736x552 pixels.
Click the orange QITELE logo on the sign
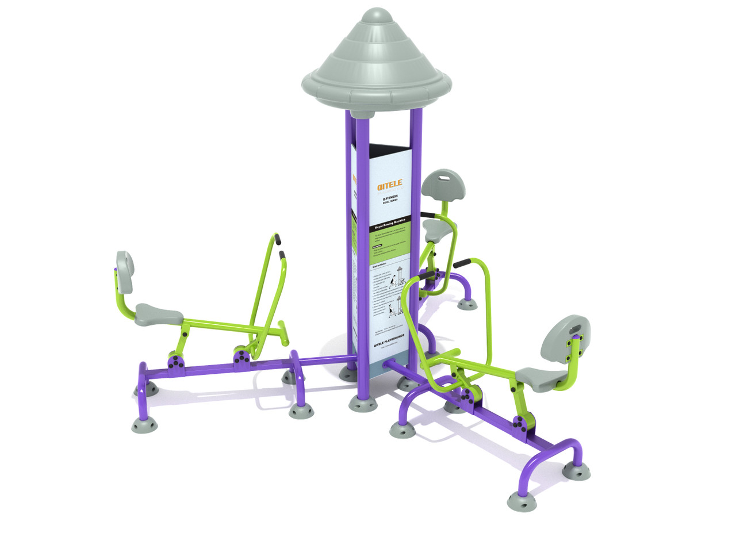coord(390,186)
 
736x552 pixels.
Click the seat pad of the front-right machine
coord(542,378)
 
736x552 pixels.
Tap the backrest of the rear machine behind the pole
coord(443,184)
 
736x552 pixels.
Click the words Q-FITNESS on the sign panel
coord(390,197)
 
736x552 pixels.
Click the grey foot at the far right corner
coord(577,470)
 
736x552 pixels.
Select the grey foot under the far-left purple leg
coord(144,424)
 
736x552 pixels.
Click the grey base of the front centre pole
coord(363,404)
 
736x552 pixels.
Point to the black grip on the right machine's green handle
coord(462,264)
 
